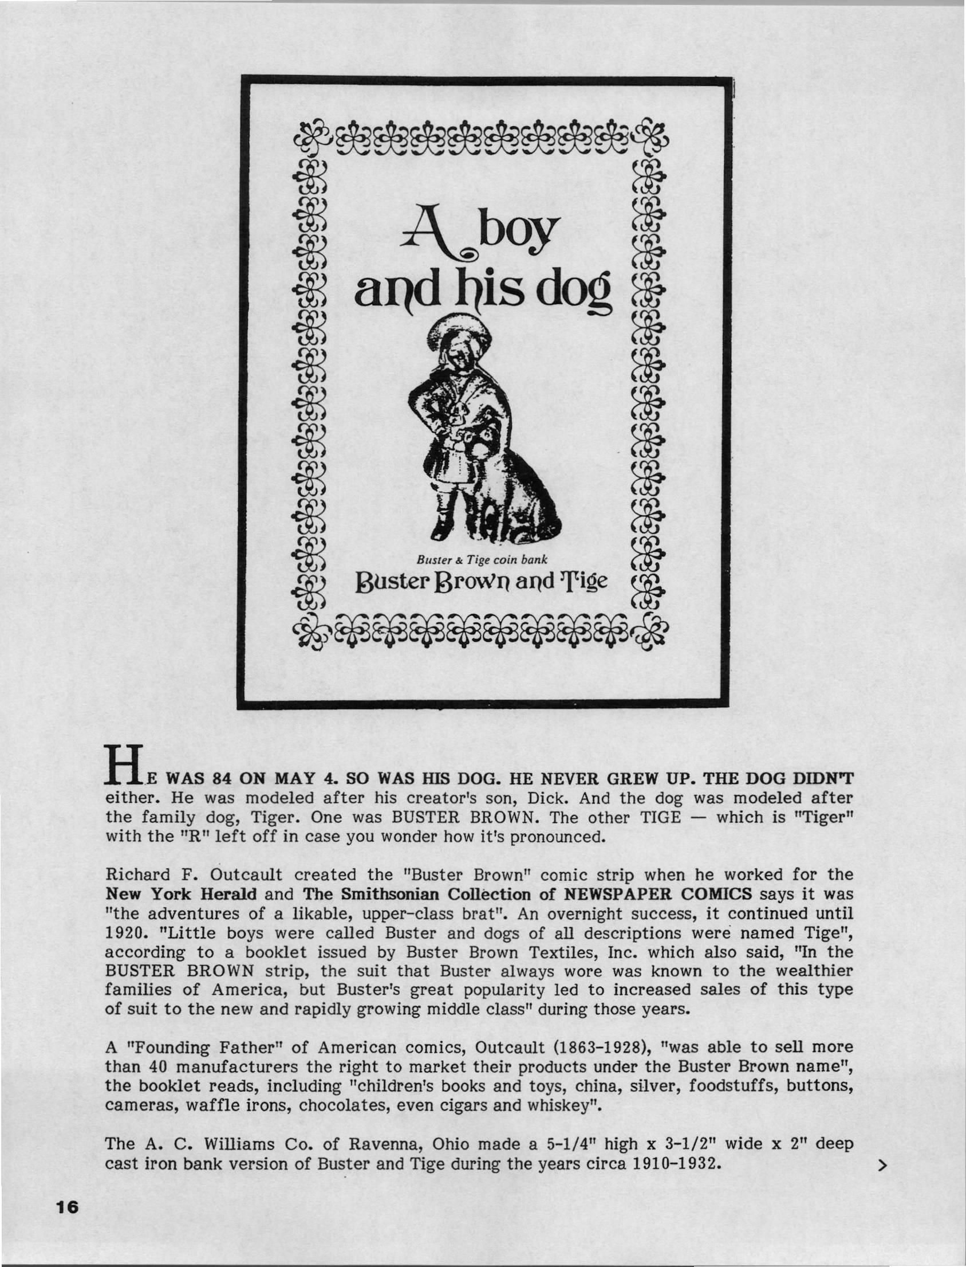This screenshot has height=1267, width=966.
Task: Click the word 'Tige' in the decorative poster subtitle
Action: click(580, 581)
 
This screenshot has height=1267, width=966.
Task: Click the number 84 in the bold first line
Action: click(223, 779)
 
